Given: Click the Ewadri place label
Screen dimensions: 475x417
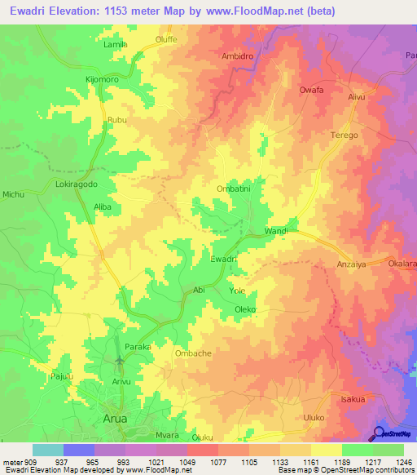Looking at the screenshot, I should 223,259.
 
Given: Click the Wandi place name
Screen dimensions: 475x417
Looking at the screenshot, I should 277,232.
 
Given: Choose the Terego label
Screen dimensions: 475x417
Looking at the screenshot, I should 344,135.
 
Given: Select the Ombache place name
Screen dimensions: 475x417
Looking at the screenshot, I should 193,353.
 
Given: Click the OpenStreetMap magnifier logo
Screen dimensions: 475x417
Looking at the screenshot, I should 380,433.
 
